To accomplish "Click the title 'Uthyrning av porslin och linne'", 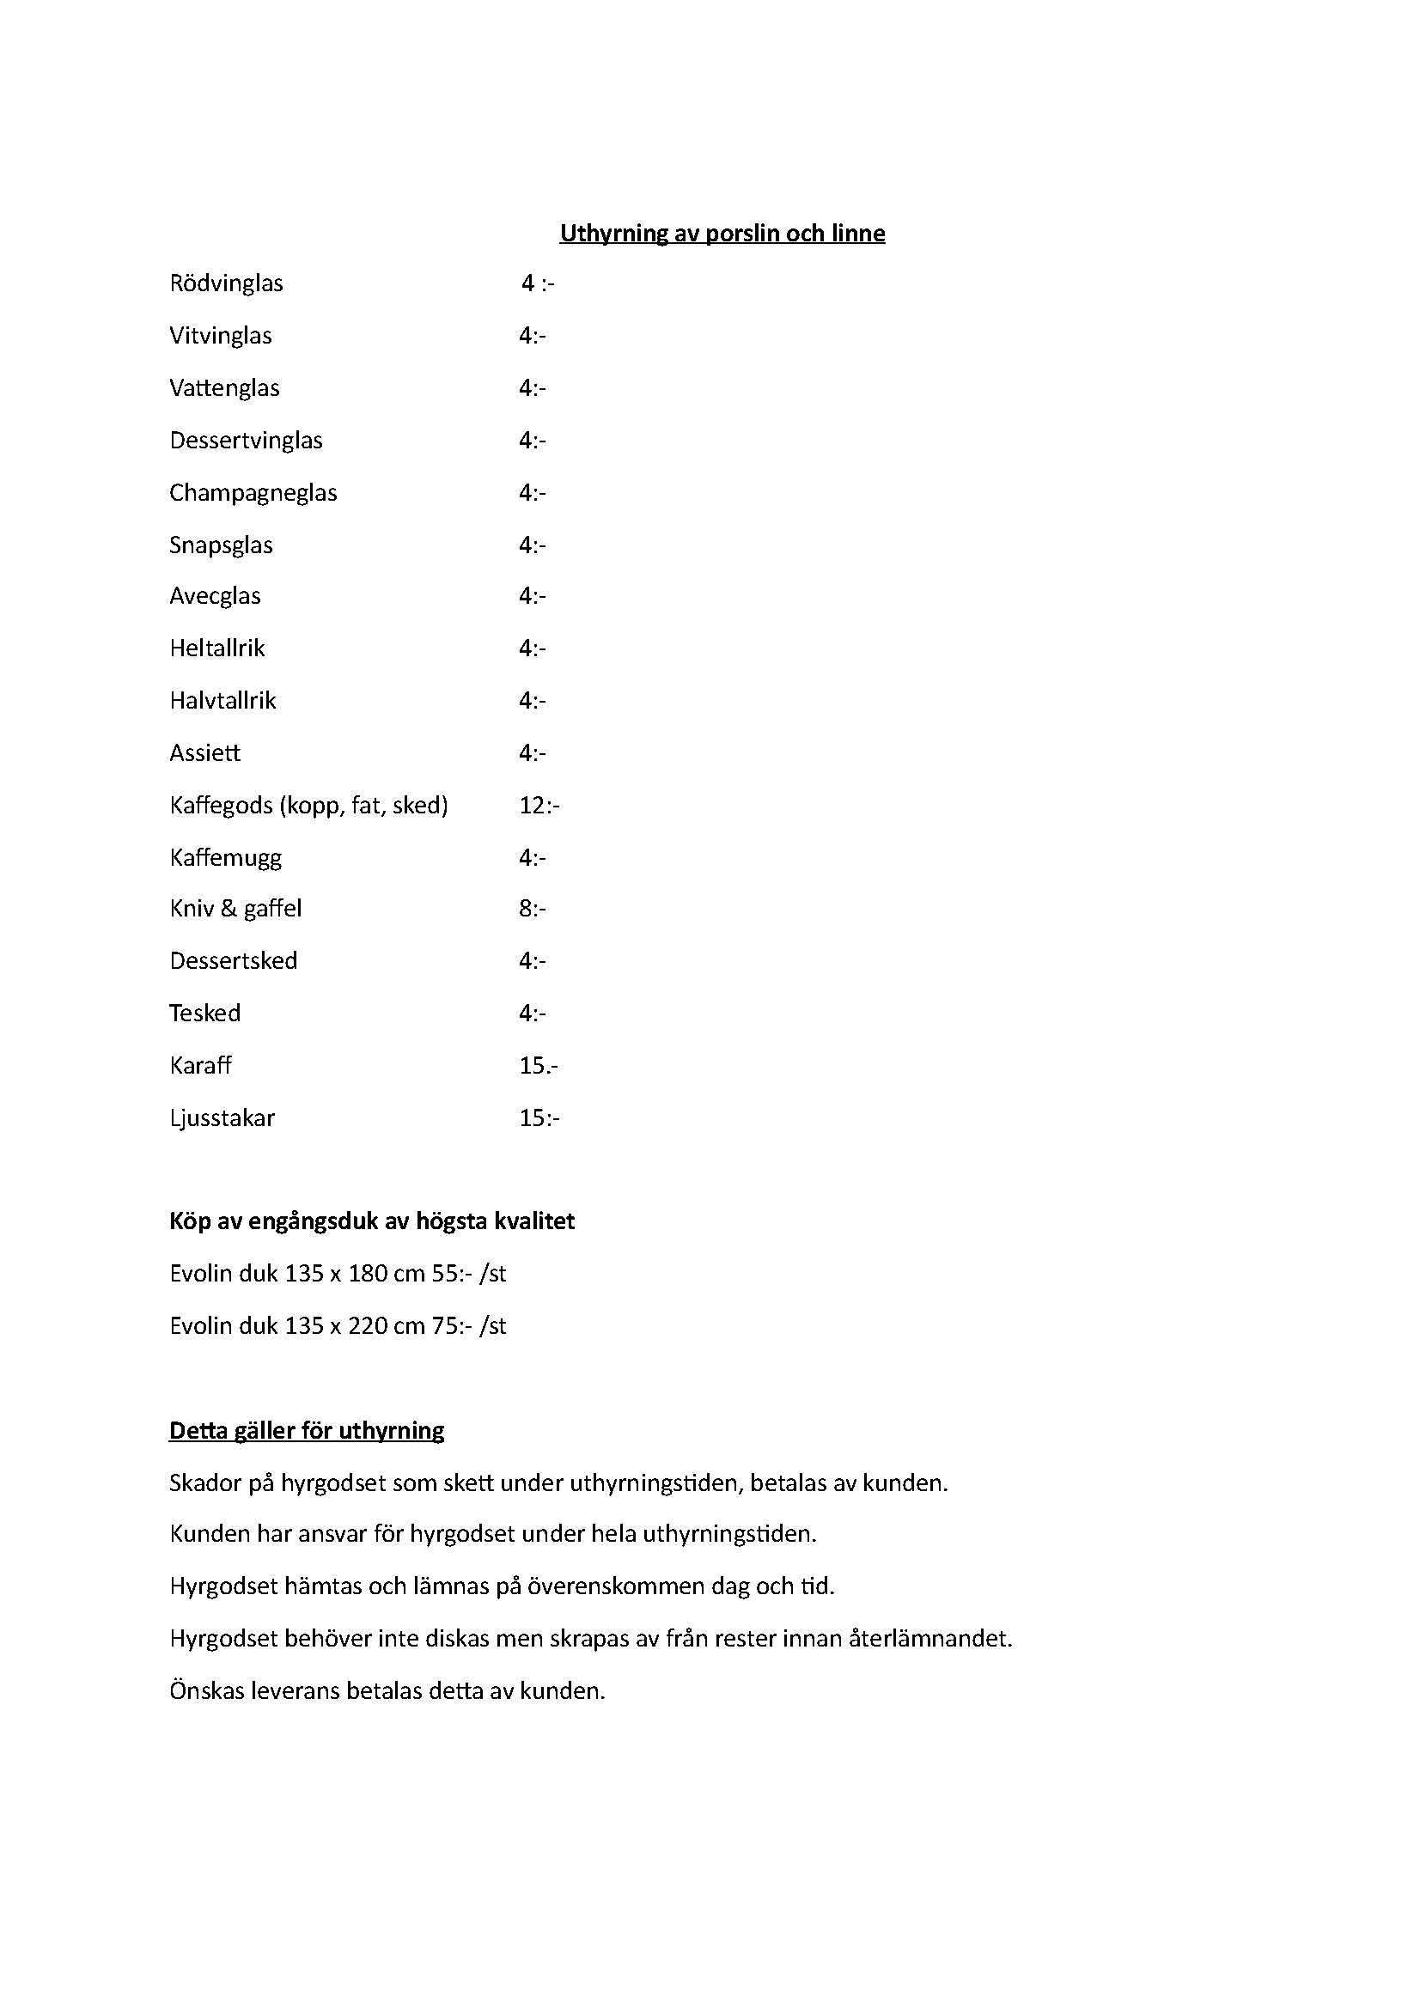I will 722,234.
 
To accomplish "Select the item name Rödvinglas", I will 226,283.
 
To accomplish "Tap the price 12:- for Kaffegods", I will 538,805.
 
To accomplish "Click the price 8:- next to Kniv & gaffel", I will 532,908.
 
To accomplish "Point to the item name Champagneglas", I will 253,493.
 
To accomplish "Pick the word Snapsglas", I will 221,545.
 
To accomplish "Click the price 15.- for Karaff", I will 538,1066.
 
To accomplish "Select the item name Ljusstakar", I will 222,1118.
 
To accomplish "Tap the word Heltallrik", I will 217,648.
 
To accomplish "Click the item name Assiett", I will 204,753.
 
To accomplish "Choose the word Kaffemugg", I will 226,857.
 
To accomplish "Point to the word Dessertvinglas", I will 246,440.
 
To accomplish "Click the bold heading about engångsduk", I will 372,1221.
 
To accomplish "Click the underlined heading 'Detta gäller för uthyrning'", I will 306,1432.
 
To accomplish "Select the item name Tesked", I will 204,1014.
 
